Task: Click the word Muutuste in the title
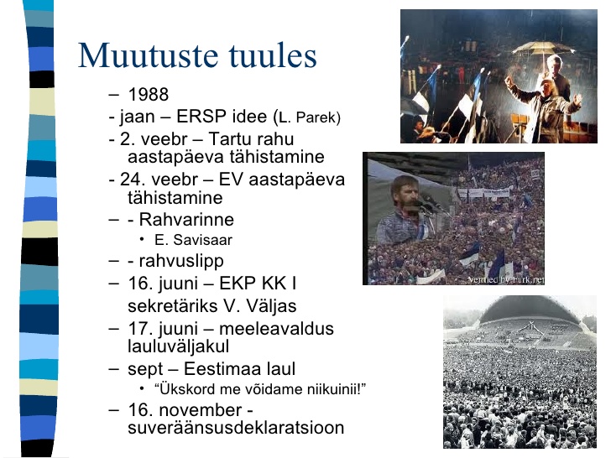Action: pyautogui.click(x=148, y=55)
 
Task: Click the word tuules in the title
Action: pyautogui.click(x=273, y=55)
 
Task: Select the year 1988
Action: pyautogui.click(x=148, y=94)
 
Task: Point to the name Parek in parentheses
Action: pyautogui.click(x=316, y=117)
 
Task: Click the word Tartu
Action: pyautogui.click(x=229, y=138)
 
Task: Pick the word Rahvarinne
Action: pyautogui.click(x=186, y=219)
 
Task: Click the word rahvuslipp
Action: pyautogui.click(x=181, y=262)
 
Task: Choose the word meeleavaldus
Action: pyautogui.click(x=276, y=328)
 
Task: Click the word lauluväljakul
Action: pyautogui.click(x=178, y=346)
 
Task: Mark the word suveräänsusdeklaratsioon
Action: pyautogui.click(x=236, y=428)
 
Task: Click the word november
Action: pyautogui.click(x=201, y=410)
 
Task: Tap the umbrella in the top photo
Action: pyautogui.click(x=544, y=49)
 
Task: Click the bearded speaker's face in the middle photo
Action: pyautogui.click(x=405, y=196)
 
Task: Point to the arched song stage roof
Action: pyautogui.click(x=530, y=309)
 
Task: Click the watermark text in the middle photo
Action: pyautogui.click(x=506, y=279)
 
